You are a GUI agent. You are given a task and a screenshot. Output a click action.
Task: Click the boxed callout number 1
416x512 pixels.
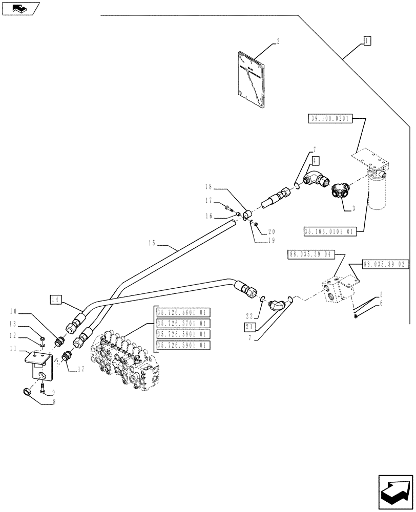(366, 40)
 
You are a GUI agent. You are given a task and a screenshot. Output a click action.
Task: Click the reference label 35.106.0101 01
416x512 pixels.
(329, 232)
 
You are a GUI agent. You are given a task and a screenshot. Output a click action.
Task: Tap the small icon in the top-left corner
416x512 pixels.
(20, 8)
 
